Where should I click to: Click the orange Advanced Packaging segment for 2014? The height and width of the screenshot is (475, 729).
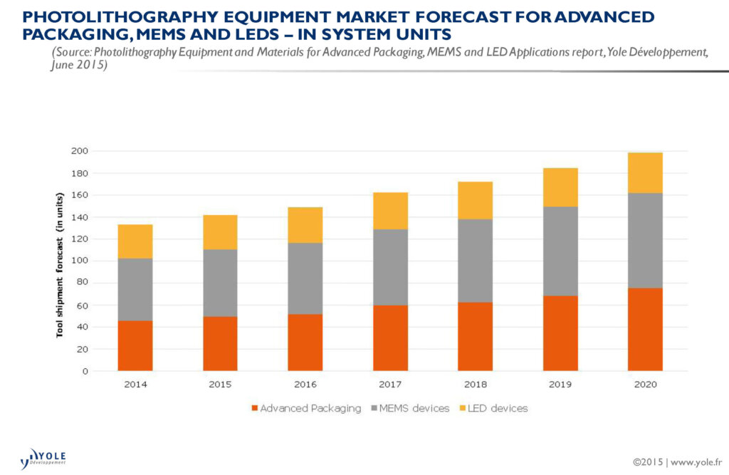[135, 345]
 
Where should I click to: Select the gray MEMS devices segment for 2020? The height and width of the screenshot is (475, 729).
[645, 240]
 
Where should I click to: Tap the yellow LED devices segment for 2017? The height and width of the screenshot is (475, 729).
[390, 211]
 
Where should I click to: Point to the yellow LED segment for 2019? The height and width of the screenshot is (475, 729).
[560, 187]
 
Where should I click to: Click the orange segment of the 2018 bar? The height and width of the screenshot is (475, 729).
[475, 336]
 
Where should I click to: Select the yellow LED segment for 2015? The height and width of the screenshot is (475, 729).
[220, 232]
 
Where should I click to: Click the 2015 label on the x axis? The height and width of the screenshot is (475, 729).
[220, 385]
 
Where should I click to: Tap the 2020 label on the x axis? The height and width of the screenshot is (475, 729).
[645, 385]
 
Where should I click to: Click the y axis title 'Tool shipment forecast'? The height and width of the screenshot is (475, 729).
[61, 263]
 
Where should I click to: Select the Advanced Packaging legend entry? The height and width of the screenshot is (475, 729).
[305, 409]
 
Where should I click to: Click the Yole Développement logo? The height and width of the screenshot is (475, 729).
[44, 456]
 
